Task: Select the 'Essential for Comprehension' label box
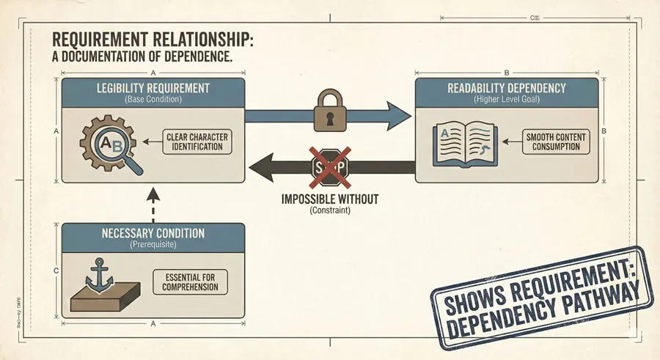(x=190, y=282)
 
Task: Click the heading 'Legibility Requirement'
(x=153, y=88)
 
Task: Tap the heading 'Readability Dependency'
(x=507, y=88)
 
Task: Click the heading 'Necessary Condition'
(x=153, y=234)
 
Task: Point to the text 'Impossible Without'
(x=328, y=199)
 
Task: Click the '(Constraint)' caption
(x=329, y=211)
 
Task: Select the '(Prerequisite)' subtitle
(x=153, y=245)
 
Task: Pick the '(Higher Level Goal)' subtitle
(x=507, y=99)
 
